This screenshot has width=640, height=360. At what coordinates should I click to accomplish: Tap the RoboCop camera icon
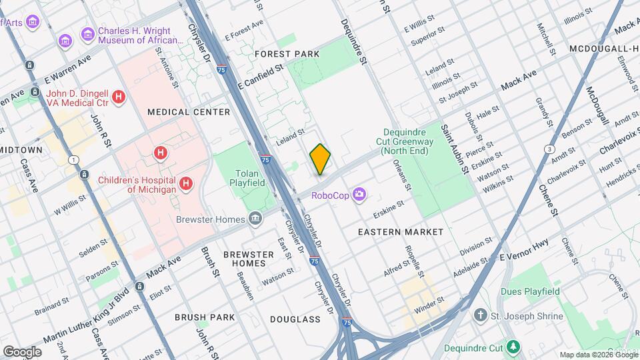(x=360, y=194)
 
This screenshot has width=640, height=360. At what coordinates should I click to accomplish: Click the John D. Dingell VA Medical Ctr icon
(x=119, y=97)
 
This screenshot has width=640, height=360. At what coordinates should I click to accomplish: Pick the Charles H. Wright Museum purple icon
(x=87, y=34)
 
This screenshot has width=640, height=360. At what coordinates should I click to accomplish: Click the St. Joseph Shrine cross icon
(x=480, y=315)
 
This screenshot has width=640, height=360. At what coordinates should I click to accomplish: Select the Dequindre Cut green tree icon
(x=513, y=347)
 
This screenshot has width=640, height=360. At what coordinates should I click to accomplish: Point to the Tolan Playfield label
(x=247, y=177)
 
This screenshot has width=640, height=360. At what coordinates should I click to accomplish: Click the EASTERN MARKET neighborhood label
(x=400, y=232)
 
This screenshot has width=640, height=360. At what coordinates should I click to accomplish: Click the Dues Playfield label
(x=531, y=291)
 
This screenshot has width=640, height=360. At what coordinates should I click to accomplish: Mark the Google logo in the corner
(x=23, y=351)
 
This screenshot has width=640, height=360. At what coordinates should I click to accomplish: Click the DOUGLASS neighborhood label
(x=295, y=319)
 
